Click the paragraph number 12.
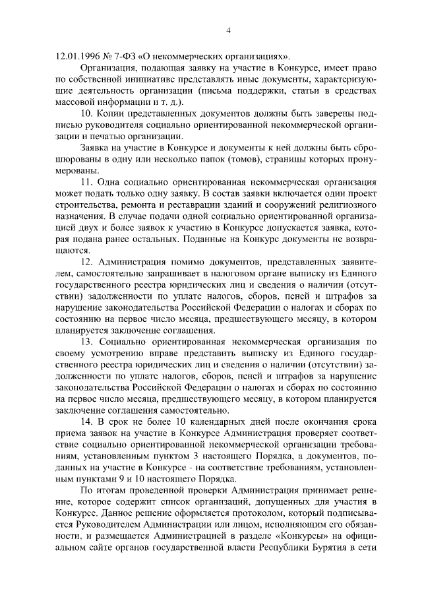pyautogui.click(x=87, y=262)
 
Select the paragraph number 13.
pyautogui.click(x=87, y=342)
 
